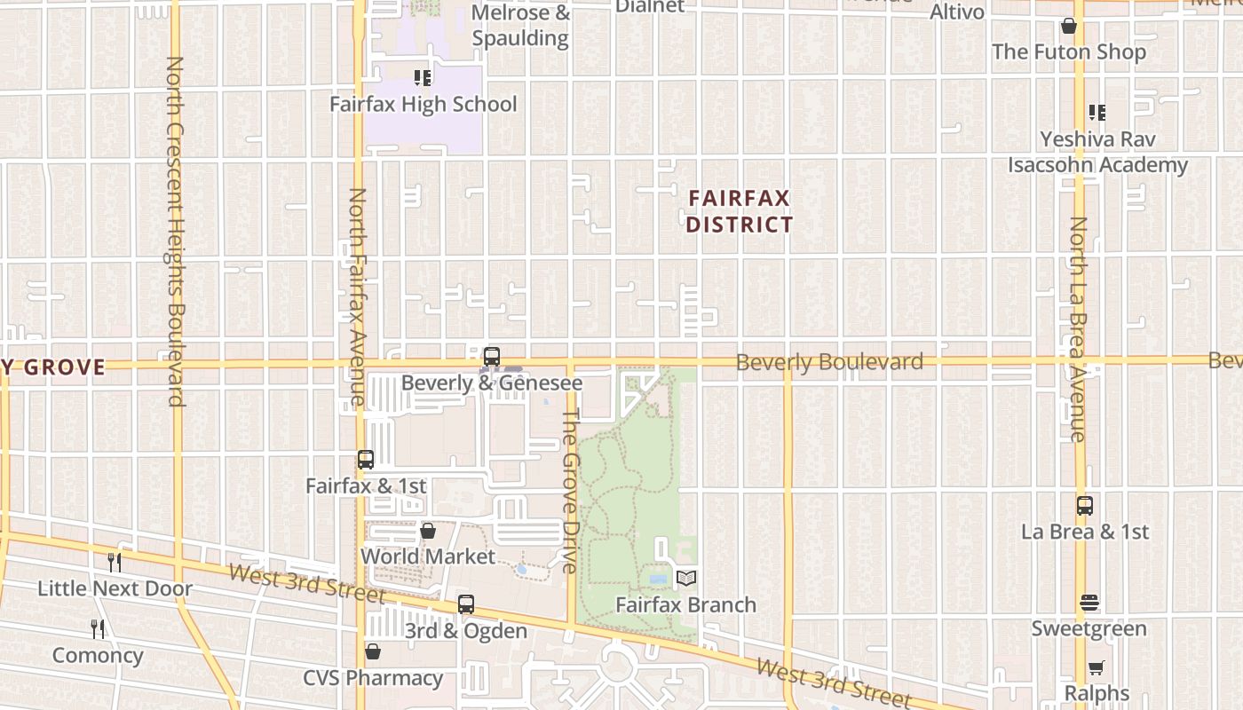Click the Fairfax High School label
coord(423,104)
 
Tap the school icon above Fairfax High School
coord(423,78)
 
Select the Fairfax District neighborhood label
coord(739,210)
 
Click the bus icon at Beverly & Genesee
coord(491,357)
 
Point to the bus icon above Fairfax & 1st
coord(366,460)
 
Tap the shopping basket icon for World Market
coord(428,531)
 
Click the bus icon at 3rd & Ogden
coord(466,604)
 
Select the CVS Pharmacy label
coord(373,678)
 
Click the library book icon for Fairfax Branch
coord(686,579)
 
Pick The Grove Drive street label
coord(571,490)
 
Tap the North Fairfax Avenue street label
coord(357,296)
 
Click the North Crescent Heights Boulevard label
coord(175,231)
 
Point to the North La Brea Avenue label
coord(1078,328)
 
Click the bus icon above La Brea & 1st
coord(1085,506)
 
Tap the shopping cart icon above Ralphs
coord(1097,667)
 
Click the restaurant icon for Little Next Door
coord(115,562)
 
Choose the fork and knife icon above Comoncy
coord(98,629)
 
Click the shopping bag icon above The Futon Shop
coord(1069,26)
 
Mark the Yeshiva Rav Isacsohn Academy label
coord(1097,152)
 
